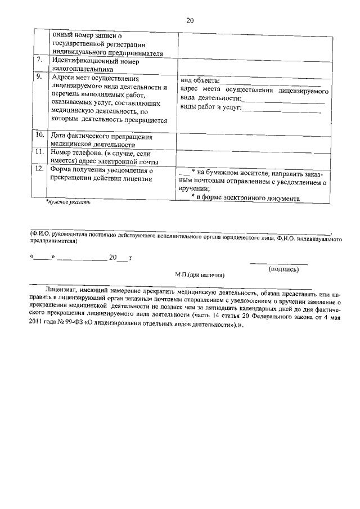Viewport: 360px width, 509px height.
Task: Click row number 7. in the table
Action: point(39,59)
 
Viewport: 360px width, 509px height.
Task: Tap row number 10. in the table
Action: point(40,136)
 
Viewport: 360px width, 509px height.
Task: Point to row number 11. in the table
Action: point(40,152)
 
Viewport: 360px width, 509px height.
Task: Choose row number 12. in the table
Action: point(40,168)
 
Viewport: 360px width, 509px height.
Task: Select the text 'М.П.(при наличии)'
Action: point(200,275)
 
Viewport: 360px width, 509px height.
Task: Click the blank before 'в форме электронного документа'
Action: point(183,198)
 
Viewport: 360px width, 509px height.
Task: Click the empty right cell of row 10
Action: point(253,140)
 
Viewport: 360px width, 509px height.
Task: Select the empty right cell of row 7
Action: point(253,64)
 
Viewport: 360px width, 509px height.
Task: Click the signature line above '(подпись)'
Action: point(278,264)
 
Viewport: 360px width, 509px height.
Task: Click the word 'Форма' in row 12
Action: point(61,168)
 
